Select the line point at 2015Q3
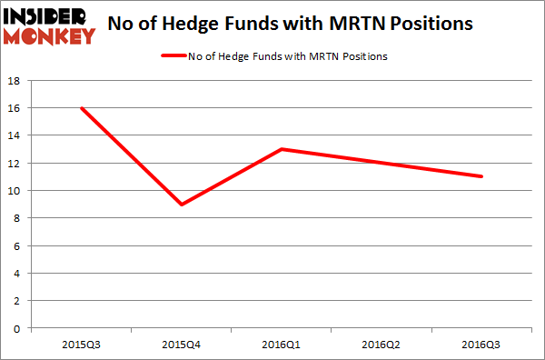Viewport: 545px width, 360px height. pos(83,108)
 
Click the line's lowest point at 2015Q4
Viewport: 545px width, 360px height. pos(183,205)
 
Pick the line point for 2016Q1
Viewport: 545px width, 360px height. pos(282,149)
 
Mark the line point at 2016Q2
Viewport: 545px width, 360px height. pos(382,163)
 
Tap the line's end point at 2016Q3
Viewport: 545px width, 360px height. pos(481,176)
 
